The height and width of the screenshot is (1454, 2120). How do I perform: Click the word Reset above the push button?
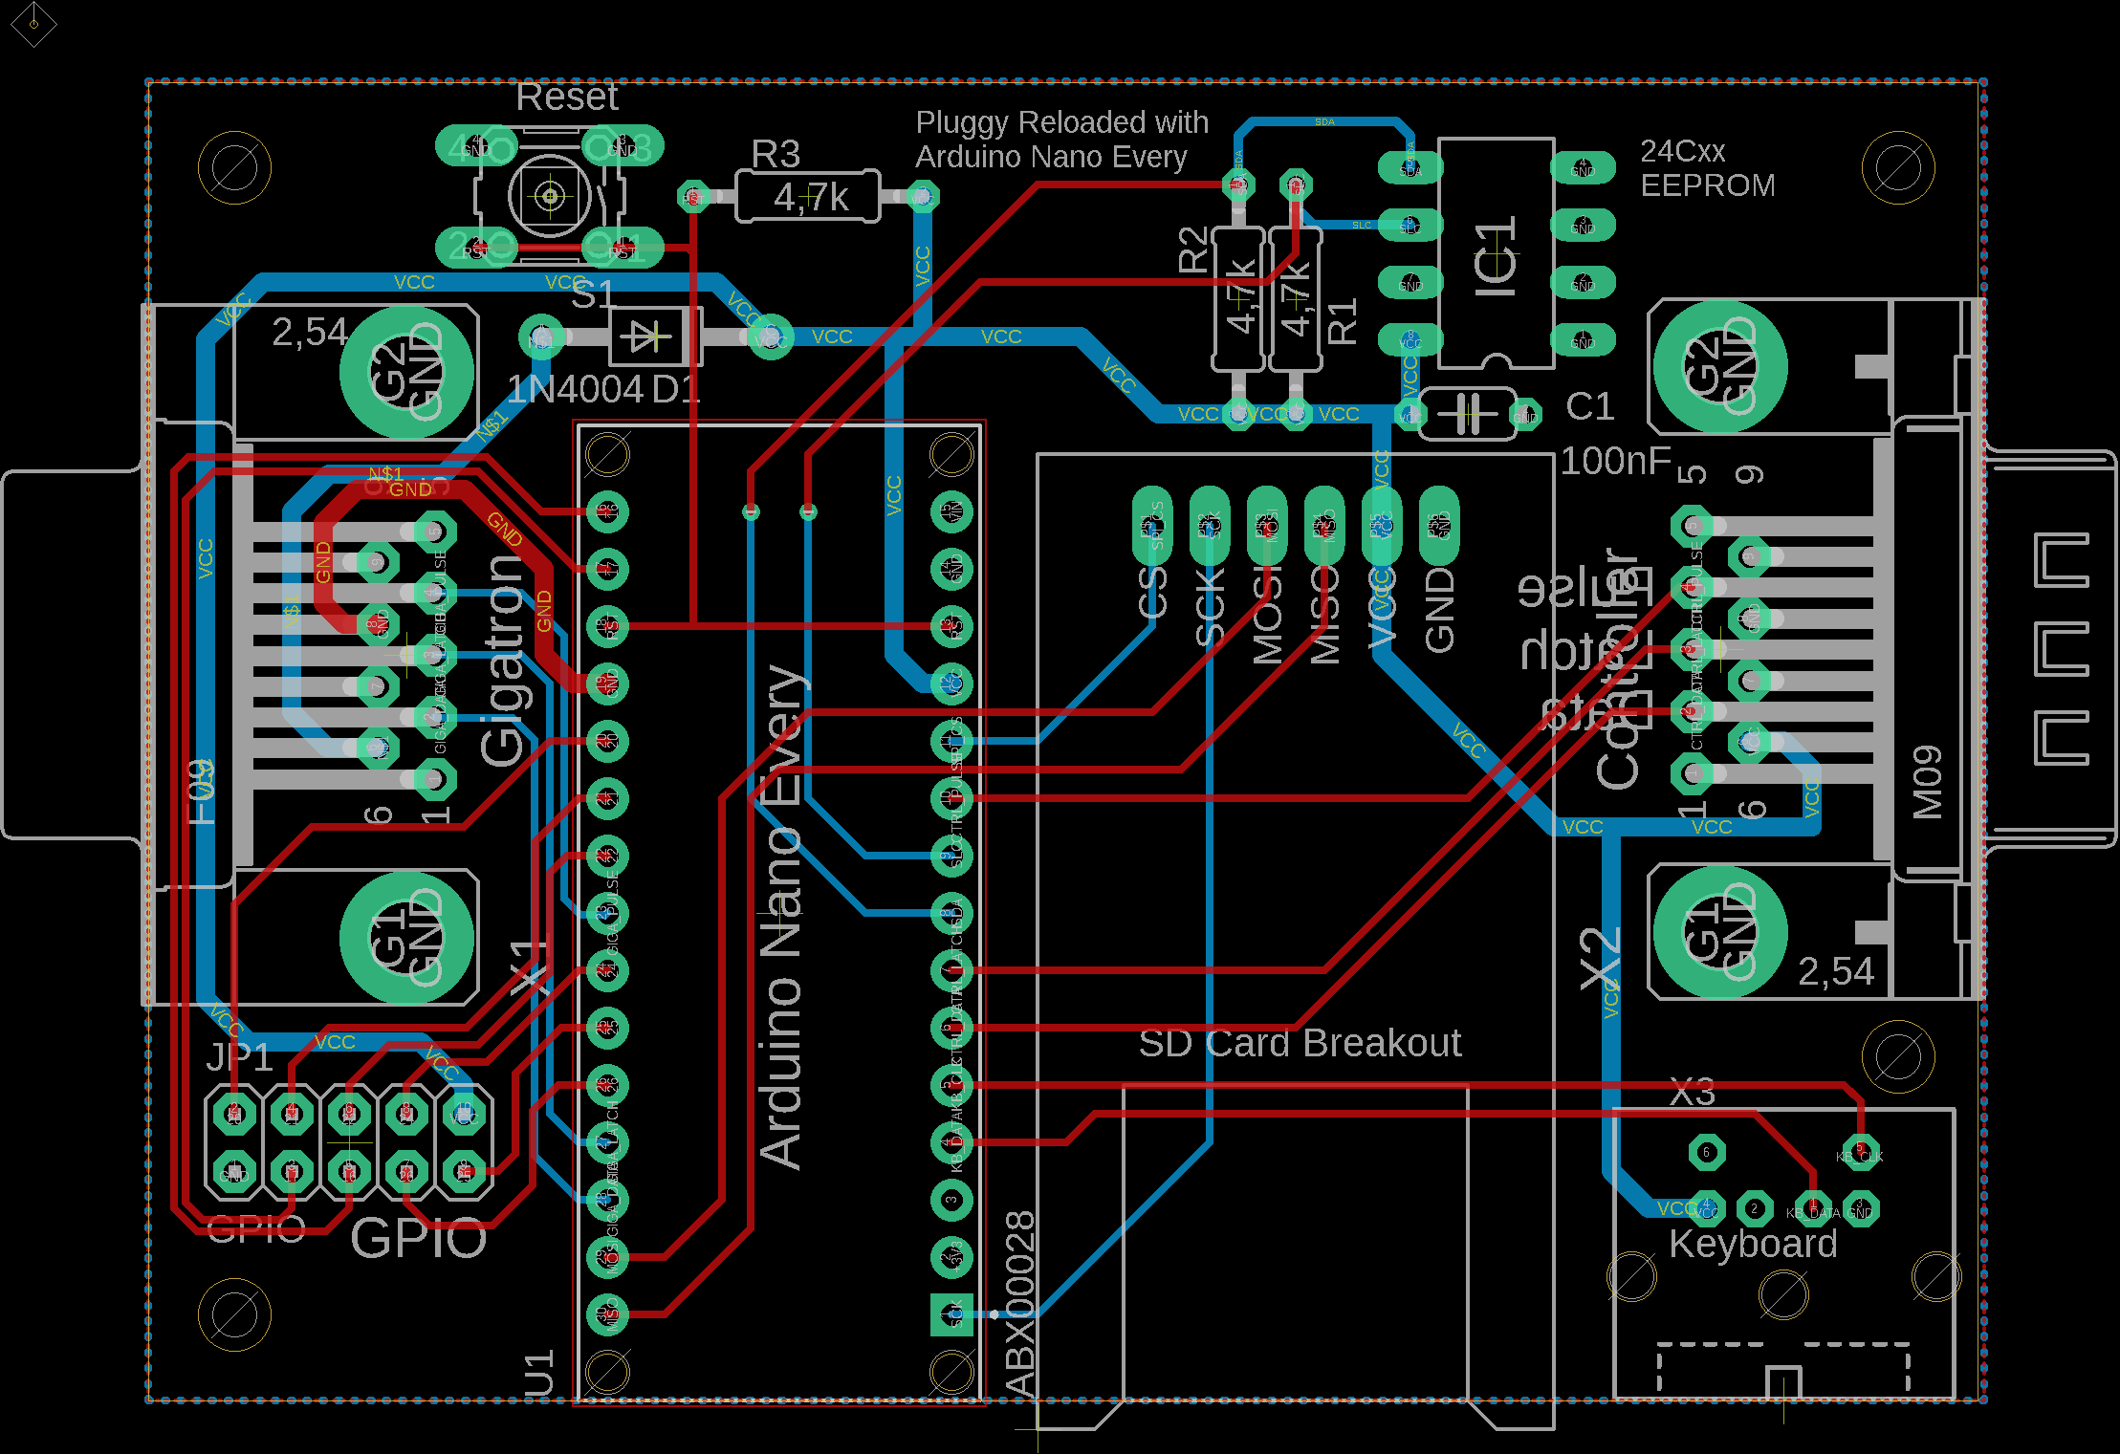point(567,97)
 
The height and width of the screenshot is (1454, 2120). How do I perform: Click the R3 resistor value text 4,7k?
point(811,198)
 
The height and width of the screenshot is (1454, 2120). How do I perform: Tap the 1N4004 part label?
point(576,389)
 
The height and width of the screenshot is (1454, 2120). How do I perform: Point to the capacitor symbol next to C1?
point(1468,413)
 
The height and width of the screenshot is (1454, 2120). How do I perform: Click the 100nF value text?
point(1616,461)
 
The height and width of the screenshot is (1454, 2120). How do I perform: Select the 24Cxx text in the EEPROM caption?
point(1683,151)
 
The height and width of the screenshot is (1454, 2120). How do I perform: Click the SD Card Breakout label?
point(1300,1043)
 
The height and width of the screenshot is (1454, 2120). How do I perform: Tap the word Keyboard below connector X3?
point(1753,1244)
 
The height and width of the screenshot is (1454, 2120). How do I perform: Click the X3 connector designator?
point(1693,1091)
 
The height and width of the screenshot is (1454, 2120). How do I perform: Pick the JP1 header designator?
point(240,1057)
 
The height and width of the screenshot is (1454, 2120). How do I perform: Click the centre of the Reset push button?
point(550,196)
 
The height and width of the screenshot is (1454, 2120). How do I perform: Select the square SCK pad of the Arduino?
point(951,1314)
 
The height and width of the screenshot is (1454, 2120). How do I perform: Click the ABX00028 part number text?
point(1020,1305)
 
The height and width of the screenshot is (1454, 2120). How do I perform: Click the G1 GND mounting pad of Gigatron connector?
point(407,937)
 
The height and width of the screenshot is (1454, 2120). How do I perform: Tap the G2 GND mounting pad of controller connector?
point(1720,367)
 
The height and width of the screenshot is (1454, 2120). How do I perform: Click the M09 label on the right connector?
point(1928,782)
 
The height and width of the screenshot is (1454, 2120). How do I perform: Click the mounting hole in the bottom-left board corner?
point(234,1314)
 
